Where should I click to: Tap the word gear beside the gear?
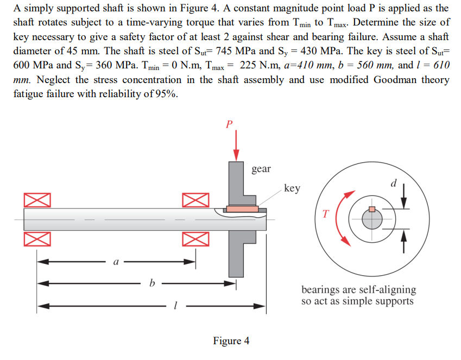point(261,169)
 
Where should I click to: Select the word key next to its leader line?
point(292,188)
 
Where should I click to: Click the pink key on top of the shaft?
point(242,209)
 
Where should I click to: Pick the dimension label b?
point(152,282)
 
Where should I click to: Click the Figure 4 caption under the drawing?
point(231,341)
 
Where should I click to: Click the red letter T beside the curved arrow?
point(326,213)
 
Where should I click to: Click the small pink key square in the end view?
point(371,209)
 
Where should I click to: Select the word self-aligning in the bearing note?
point(387,289)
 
